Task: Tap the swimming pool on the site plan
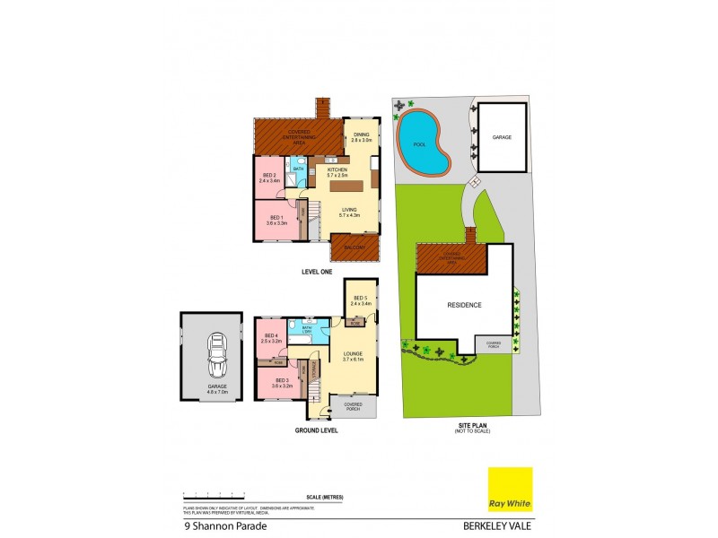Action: coord(423,143)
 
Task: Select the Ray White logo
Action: coord(510,489)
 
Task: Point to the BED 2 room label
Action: coord(269,178)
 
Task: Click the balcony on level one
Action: coord(353,246)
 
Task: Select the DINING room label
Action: coord(361,137)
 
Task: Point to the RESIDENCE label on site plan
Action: coord(464,305)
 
